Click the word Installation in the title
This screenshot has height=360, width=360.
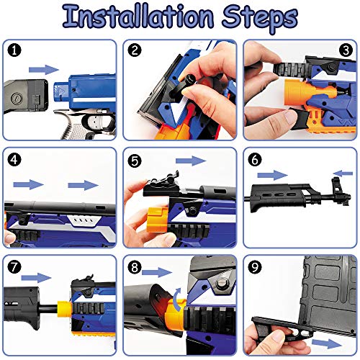tap(138, 17)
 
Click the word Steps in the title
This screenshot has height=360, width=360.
tap(260, 18)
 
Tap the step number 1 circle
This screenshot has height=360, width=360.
tap(14, 50)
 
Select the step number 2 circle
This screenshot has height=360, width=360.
tap(135, 50)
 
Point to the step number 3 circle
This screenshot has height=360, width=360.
tap(346, 50)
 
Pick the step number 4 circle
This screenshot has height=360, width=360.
tap(14, 160)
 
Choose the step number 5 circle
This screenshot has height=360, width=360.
tap(135, 161)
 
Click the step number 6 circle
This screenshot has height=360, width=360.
tap(255, 160)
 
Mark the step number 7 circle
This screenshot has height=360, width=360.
tap(14, 267)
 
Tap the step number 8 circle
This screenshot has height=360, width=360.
tap(135, 267)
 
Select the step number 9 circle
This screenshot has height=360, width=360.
tap(255, 267)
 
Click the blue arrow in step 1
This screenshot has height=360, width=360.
tap(44, 70)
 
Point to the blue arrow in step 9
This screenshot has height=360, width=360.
tap(327, 343)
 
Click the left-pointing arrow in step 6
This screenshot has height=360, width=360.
tap(343, 174)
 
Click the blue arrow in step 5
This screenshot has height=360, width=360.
tap(191, 161)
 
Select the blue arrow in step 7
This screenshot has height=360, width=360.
tap(36, 278)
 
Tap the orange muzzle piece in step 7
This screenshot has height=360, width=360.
tap(64, 309)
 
